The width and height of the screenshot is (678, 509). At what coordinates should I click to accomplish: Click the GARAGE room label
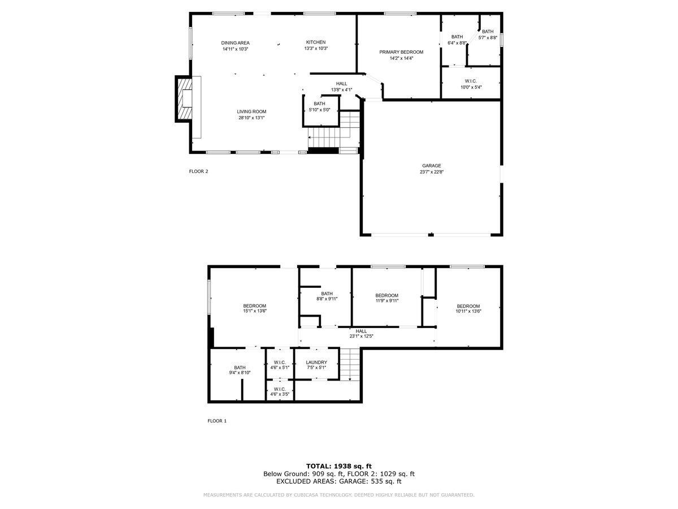(x=432, y=166)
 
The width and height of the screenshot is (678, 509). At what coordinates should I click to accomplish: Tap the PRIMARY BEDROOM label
(x=401, y=52)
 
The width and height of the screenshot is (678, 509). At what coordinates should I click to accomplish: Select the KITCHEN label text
(x=316, y=42)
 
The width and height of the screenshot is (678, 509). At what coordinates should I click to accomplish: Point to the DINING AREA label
(x=235, y=43)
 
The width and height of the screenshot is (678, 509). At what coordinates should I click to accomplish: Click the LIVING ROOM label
(x=251, y=111)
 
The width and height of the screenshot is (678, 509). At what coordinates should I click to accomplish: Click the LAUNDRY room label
(x=316, y=363)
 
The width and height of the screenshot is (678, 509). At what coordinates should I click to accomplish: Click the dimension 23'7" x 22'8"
(x=432, y=172)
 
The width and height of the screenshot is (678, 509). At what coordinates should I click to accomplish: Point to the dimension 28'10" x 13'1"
(x=251, y=118)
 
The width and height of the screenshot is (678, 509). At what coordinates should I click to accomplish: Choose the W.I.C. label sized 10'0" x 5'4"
(x=471, y=81)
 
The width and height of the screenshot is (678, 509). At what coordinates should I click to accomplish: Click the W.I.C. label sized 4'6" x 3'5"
(x=280, y=389)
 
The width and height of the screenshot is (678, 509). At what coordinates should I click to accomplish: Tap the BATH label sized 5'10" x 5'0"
(x=319, y=103)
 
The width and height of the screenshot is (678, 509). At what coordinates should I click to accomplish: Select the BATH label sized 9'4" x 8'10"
(x=240, y=368)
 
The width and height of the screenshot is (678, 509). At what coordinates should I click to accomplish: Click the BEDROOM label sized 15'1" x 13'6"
(x=254, y=306)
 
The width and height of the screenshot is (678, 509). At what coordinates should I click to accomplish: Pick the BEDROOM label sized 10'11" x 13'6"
(x=468, y=306)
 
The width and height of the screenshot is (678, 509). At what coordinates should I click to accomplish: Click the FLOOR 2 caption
(x=198, y=171)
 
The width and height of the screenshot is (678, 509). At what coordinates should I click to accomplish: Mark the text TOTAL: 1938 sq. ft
(x=339, y=465)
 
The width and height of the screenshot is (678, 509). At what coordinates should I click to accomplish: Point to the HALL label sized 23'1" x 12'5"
(x=361, y=331)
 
